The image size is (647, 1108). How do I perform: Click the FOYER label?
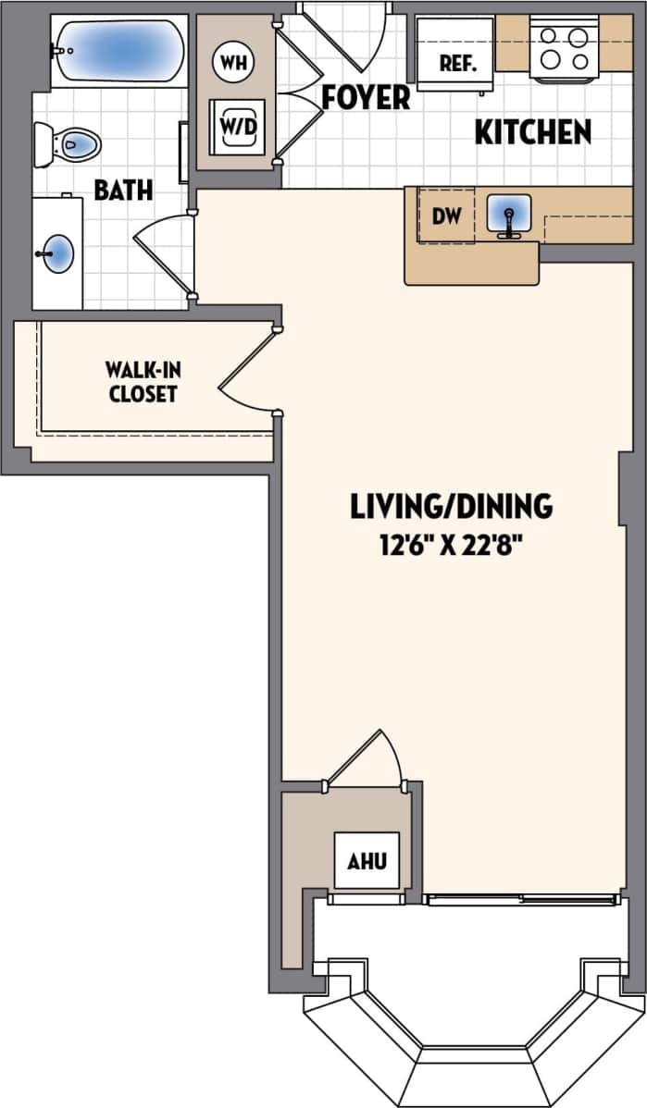(x=365, y=98)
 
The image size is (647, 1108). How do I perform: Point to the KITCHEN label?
(x=532, y=132)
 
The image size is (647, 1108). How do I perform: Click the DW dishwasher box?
(x=445, y=216)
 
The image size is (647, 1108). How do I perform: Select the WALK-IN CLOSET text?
(x=143, y=382)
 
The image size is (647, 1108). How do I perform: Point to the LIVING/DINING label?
(x=451, y=506)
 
